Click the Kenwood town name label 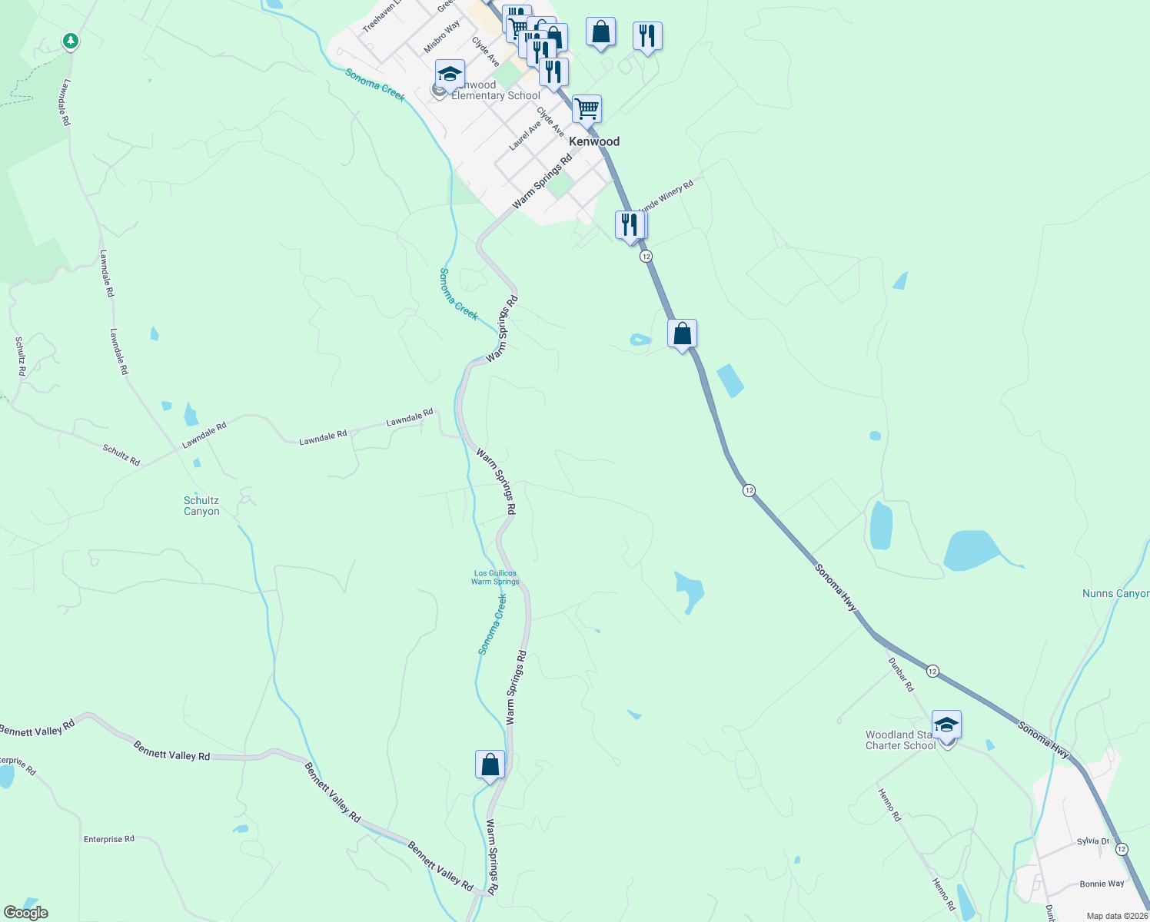pyautogui.click(x=593, y=141)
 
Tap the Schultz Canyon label pyautogui.click(x=201, y=506)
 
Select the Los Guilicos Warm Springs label pyautogui.click(x=495, y=577)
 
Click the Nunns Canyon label pyautogui.click(x=1115, y=593)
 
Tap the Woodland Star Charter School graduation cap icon pyautogui.click(x=946, y=725)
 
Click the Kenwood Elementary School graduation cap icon pyautogui.click(x=450, y=74)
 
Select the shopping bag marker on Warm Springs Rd pyautogui.click(x=490, y=764)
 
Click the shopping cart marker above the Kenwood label pyautogui.click(x=587, y=109)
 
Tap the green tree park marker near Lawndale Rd pyautogui.click(x=71, y=40)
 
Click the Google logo pyautogui.click(x=25, y=912)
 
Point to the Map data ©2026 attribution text pyautogui.click(x=1117, y=916)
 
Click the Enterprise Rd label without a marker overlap pyautogui.click(x=108, y=839)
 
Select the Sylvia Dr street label pyautogui.click(x=1093, y=841)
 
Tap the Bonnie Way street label pyautogui.click(x=1102, y=884)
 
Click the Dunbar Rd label pyautogui.click(x=901, y=674)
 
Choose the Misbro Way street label pyautogui.click(x=442, y=36)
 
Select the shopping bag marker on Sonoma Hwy pyautogui.click(x=682, y=334)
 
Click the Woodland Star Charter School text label pyautogui.click(x=899, y=740)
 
